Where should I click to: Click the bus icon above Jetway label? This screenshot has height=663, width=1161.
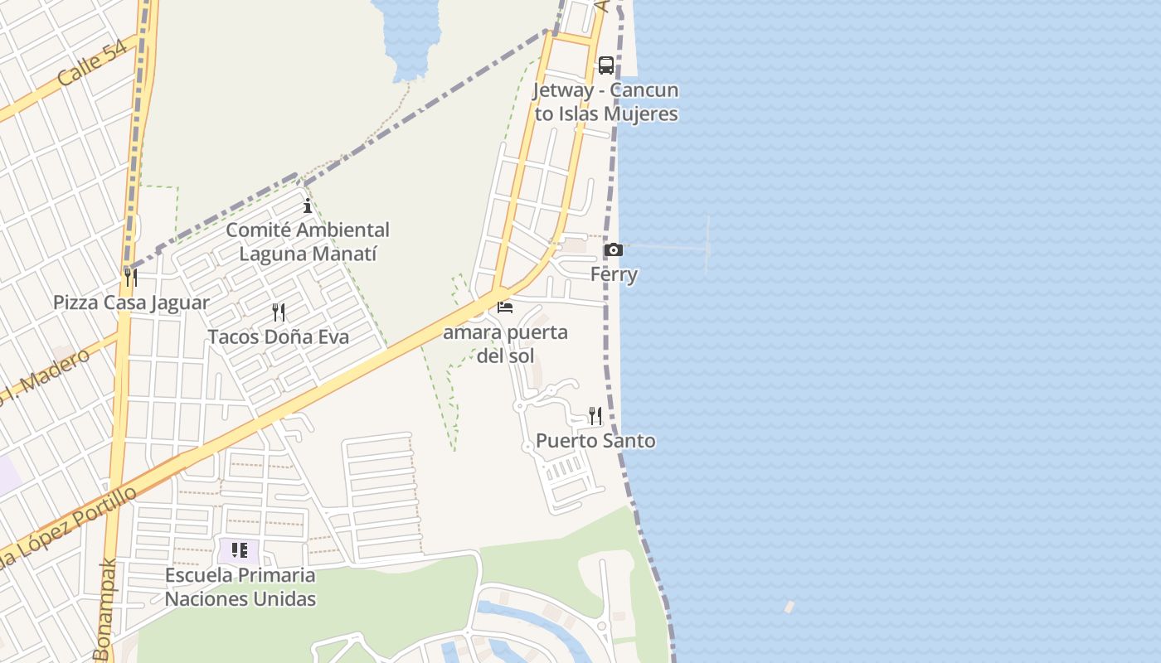(606, 65)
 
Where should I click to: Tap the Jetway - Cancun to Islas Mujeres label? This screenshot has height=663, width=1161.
(606, 102)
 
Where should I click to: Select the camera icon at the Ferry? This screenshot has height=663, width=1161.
(614, 249)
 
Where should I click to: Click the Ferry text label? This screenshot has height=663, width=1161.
(614, 274)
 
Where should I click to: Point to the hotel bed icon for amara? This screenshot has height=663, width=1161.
(505, 307)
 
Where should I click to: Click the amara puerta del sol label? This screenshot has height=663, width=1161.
(506, 344)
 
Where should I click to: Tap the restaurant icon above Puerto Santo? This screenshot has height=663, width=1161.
(595, 415)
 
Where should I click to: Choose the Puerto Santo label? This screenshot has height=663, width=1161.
(595, 441)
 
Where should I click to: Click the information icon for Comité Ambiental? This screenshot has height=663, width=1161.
(308, 206)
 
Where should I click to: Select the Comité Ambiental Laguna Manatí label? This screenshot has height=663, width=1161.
(308, 241)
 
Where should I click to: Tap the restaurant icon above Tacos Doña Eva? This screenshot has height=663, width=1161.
(279, 312)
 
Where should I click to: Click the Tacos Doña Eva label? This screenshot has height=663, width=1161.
(279, 337)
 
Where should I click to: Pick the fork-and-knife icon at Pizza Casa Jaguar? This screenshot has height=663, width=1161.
(131, 277)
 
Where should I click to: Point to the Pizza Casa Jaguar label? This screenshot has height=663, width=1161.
(131, 302)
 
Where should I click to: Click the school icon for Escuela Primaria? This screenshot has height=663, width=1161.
(240, 550)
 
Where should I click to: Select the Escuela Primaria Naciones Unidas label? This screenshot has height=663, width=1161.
(240, 587)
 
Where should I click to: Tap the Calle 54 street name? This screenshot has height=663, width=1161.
(92, 62)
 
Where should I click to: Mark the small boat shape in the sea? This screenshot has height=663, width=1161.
(789, 607)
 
